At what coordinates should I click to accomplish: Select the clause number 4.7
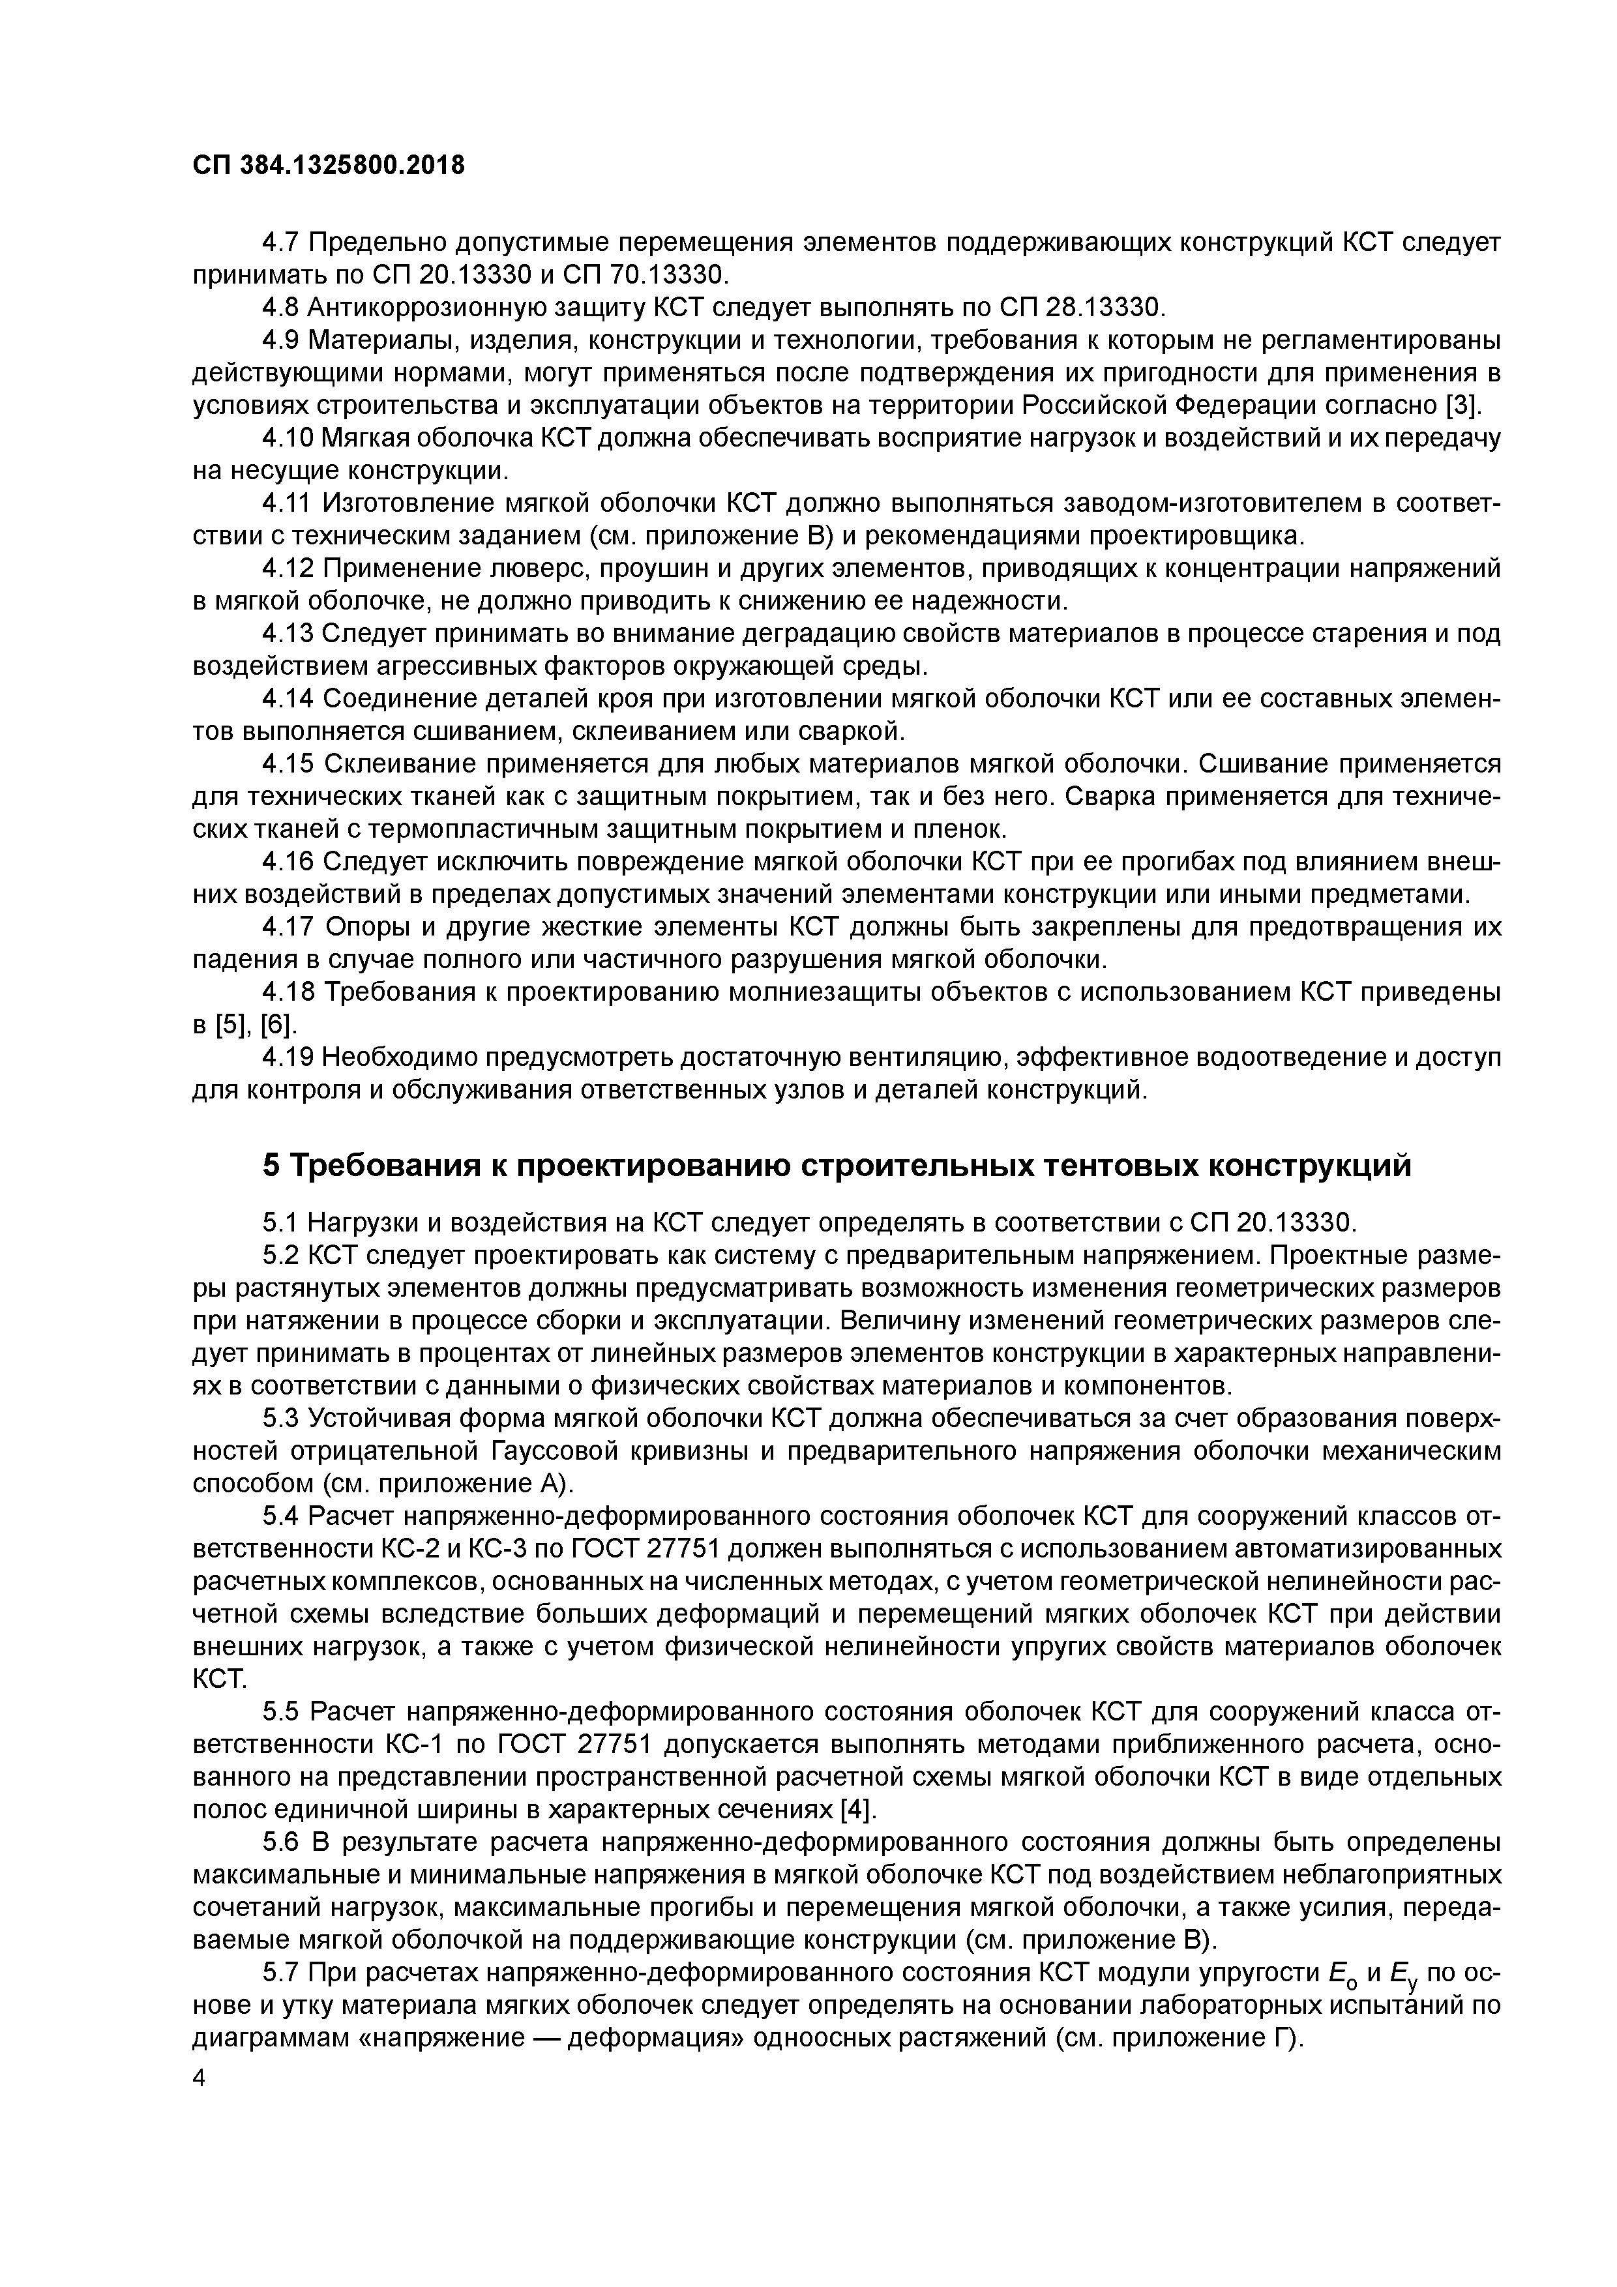(280, 242)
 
